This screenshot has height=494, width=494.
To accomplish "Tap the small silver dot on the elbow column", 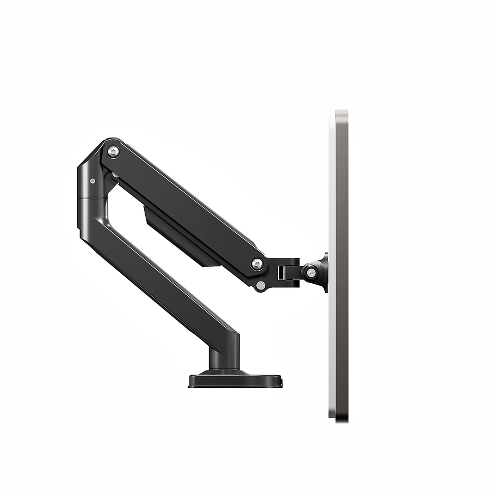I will tap(93, 180).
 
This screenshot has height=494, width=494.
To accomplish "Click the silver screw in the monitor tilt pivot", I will tap(311, 271).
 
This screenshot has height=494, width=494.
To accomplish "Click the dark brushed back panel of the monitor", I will tap(342, 264).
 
